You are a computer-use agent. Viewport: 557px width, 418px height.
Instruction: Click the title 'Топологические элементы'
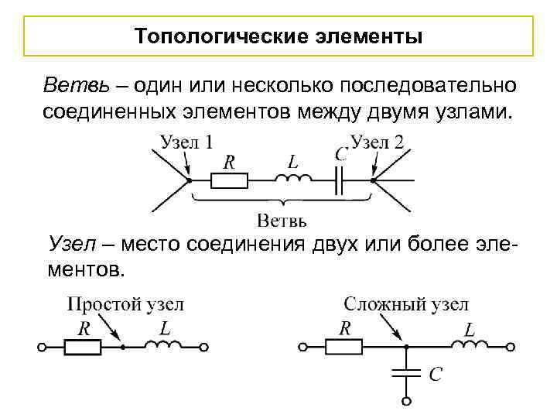coord(278,36)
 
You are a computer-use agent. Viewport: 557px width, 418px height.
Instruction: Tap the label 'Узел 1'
coord(188,142)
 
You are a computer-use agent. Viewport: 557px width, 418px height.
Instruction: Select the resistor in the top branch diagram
coord(230,180)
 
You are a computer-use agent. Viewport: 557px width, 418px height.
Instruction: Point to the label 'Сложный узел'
coord(406,304)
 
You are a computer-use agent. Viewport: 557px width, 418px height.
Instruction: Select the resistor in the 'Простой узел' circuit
coord(82,348)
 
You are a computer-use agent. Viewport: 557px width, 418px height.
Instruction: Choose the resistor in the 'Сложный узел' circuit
coord(344,348)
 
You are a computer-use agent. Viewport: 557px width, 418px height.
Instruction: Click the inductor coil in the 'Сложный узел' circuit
coord(468,346)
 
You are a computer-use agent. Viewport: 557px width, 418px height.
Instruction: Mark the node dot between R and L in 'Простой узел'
coord(122,348)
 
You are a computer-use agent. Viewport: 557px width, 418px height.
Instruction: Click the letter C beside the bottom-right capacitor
coord(436,375)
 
